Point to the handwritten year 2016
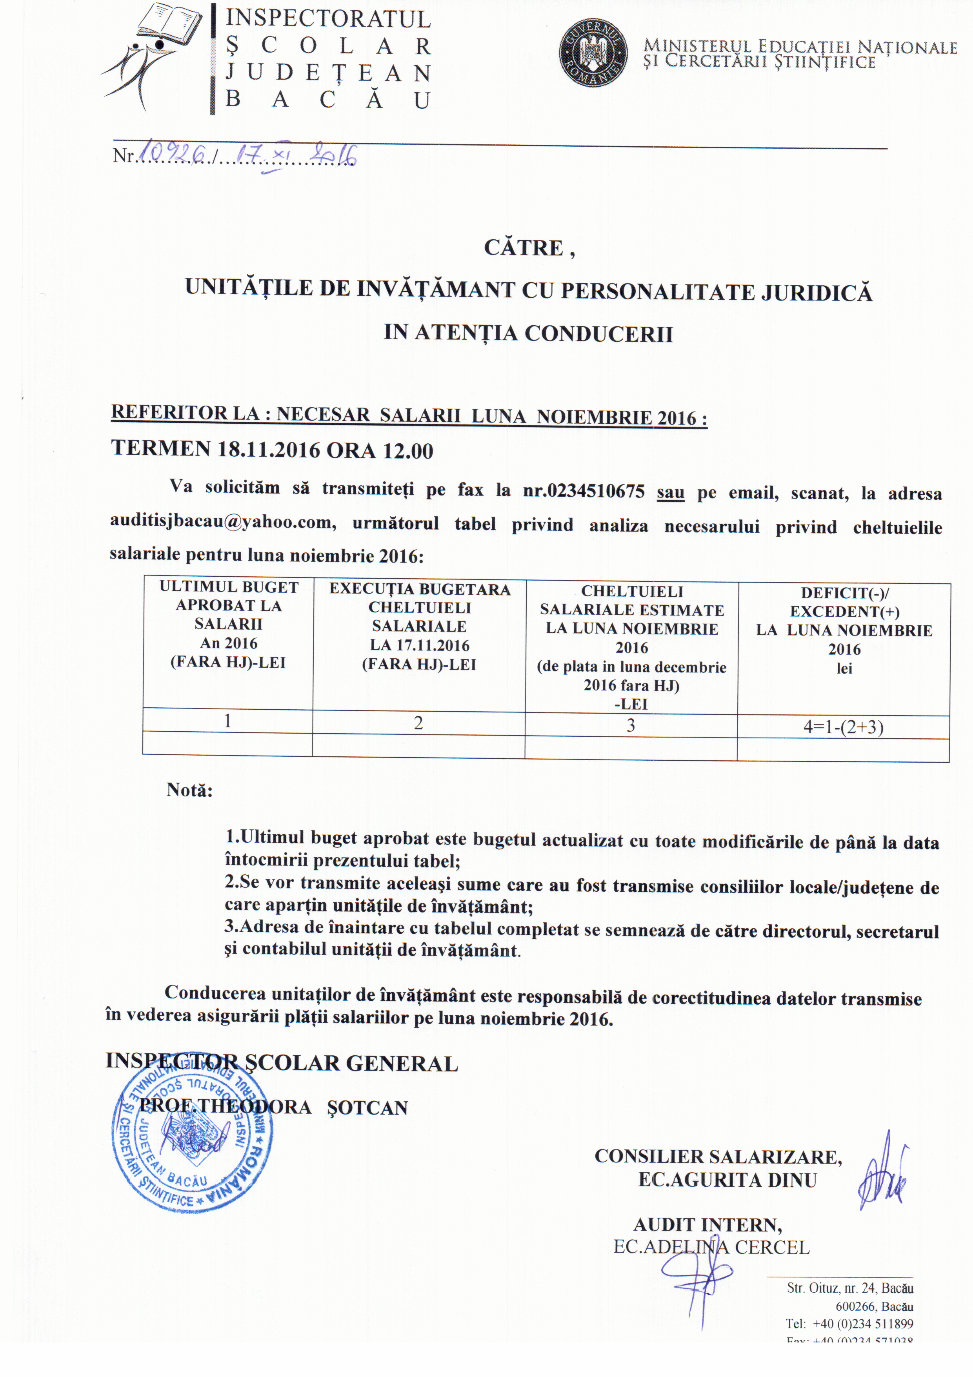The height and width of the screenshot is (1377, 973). pyautogui.click(x=335, y=155)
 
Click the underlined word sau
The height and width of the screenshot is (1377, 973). pyautogui.click(x=670, y=492)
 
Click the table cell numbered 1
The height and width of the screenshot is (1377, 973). pyautogui.click(x=228, y=720)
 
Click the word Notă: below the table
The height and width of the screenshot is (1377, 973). pyautogui.click(x=189, y=790)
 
